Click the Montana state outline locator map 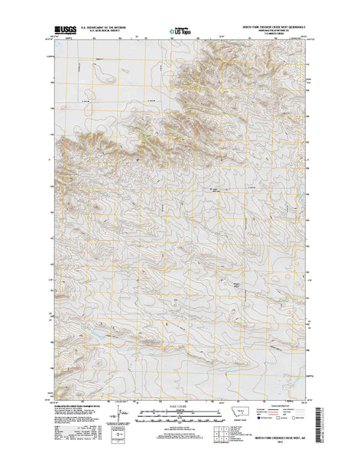245,413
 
